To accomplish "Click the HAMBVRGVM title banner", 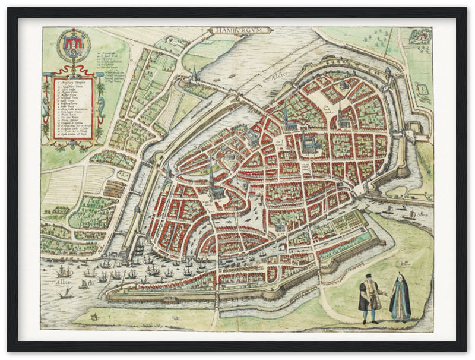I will [x=240, y=30].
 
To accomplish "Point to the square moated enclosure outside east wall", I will [x=422, y=89].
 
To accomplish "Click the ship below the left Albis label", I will [x=66, y=293].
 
